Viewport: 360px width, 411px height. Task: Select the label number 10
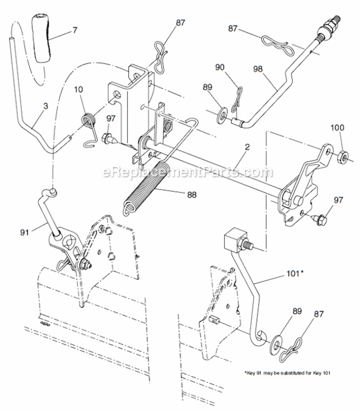[x=78, y=89]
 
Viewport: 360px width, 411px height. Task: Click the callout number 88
[x=191, y=194]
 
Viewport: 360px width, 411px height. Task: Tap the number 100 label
[x=338, y=128]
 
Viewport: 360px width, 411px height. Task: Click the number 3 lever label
[x=45, y=105]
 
